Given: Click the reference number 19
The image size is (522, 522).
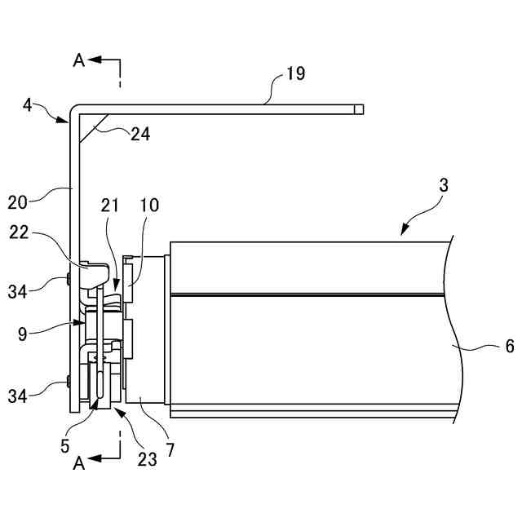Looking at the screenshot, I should pyautogui.click(x=295, y=74).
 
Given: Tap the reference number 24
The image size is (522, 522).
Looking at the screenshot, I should pyautogui.click(x=140, y=134).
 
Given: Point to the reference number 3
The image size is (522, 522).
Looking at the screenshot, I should pyautogui.click(x=443, y=185).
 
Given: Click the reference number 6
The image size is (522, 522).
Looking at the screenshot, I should pyautogui.click(x=509, y=346).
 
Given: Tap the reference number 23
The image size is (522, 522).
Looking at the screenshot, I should pyautogui.click(x=147, y=458).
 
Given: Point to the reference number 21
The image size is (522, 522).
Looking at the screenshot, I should pyautogui.click(x=110, y=207).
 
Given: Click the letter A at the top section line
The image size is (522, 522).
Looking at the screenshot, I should pyautogui.click(x=79, y=60).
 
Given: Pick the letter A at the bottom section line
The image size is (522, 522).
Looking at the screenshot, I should pyautogui.click(x=79, y=463).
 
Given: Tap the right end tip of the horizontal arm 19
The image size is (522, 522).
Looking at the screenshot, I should pyautogui.click(x=363, y=108).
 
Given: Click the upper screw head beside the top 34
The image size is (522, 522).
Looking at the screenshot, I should pyautogui.click(x=68, y=280).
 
